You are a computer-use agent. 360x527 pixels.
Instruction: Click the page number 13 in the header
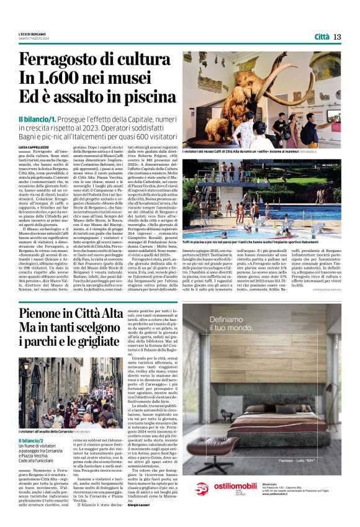(338, 37)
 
